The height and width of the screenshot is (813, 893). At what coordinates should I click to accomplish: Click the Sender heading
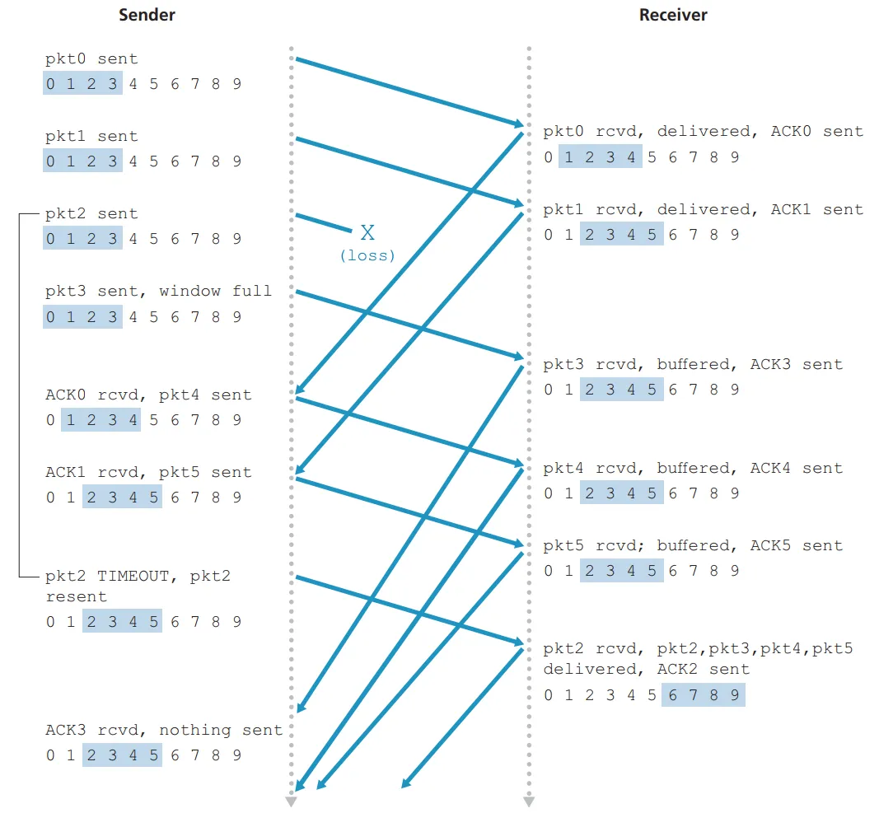[147, 15]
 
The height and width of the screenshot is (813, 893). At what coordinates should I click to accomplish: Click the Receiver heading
[673, 15]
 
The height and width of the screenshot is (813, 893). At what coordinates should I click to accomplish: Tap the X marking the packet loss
[367, 232]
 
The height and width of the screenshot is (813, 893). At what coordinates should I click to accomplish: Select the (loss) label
[367, 255]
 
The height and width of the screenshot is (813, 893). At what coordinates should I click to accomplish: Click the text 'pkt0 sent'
[91, 58]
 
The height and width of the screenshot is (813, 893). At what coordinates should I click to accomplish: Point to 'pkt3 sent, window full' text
[158, 291]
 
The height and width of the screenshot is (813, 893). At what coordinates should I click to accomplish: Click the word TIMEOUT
[135, 576]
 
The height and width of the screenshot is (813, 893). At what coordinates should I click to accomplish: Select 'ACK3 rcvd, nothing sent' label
[163, 730]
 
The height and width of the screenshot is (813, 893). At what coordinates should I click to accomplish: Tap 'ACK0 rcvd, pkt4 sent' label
[148, 395]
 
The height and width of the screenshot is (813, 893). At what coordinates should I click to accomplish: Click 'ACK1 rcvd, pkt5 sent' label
[148, 472]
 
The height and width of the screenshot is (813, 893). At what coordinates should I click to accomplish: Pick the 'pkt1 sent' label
[91, 136]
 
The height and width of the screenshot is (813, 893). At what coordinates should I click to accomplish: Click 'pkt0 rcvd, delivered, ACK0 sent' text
[703, 131]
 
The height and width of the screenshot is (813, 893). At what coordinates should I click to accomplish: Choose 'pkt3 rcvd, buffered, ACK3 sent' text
[693, 364]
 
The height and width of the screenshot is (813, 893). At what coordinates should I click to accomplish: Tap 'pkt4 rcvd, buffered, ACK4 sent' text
[693, 468]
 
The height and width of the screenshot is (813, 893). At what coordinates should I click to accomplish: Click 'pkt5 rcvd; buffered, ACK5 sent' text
[693, 545]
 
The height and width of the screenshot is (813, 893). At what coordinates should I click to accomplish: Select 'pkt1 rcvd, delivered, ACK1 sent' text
[703, 209]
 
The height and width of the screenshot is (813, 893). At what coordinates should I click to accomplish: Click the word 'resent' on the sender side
[76, 596]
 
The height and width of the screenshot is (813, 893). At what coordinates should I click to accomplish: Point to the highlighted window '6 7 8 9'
[703, 694]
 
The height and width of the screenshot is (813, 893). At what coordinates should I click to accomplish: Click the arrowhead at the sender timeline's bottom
[291, 801]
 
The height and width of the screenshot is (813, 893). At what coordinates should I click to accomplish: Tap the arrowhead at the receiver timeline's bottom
[529, 801]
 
